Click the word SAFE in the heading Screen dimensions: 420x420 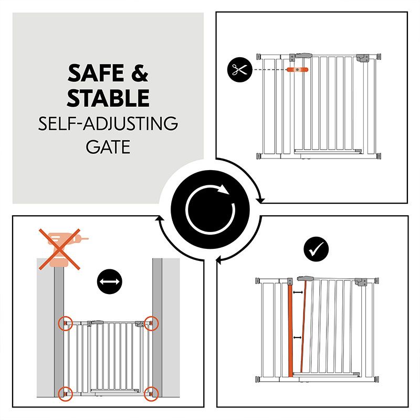click(96, 74)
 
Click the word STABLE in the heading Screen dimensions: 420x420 click(108, 98)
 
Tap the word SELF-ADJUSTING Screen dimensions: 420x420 click(108, 124)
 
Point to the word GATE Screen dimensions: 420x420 click(108, 146)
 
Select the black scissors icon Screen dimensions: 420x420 click(239, 70)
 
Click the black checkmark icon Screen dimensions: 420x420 click(316, 249)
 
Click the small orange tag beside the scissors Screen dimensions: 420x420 click(298, 69)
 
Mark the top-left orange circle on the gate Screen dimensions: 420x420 click(66, 323)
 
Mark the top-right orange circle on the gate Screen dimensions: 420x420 click(151, 323)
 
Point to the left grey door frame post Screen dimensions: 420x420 click(58, 336)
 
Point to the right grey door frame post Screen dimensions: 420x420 click(157, 336)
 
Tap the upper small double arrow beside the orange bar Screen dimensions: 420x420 click(299, 292)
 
